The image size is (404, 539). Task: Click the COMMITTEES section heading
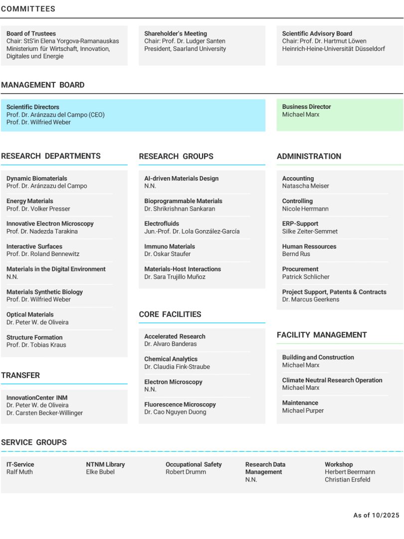click(x=28, y=9)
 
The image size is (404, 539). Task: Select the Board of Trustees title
click(x=31, y=33)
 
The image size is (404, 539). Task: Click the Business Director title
click(x=306, y=107)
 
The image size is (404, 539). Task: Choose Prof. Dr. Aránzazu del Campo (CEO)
click(x=55, y=115)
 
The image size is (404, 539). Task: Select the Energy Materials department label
click(x=29, y=201)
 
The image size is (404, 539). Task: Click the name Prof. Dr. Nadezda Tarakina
click(x=42, y=232)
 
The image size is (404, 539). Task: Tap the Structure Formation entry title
click(x=34, y=337)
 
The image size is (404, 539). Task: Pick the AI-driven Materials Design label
click(x=181, y=178)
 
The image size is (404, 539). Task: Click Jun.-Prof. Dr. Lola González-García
click(x=192, y=232)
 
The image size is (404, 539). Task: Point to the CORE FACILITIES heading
click(x=170, y=314)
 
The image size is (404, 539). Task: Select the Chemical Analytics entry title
click(x=171, y=359)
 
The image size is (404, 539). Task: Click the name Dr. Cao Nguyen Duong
click(x=175, y=412)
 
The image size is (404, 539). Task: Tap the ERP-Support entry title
click(x=300, y=224)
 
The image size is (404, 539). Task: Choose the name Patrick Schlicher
click(x=306, y=277)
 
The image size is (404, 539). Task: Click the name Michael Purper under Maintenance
click(x=303, y=411)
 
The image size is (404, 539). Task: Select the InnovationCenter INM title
click(x=37, y=398)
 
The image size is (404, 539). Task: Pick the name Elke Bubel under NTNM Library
click(x=100, y=472)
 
